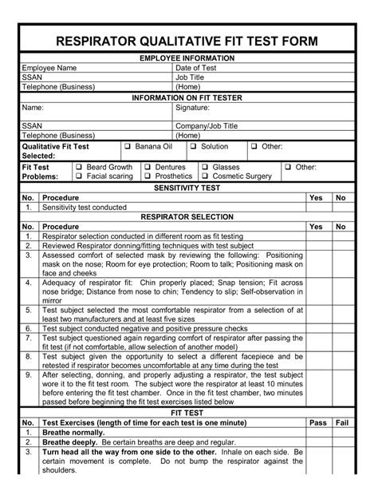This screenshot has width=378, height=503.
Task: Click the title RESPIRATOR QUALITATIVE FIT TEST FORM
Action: pos(188,41)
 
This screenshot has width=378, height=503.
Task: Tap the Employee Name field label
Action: pos(49,69)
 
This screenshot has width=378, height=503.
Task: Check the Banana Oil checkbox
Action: pos(127,147)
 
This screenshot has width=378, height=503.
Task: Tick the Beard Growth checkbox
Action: pos(79,168)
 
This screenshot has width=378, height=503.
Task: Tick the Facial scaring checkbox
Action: pos(79,176)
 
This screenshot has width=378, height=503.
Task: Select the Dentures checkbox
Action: pos(148,168)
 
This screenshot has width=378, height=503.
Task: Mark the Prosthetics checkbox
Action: pos(148,176)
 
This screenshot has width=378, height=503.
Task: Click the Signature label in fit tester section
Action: pos(192,107)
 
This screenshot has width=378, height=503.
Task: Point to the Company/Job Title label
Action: pos(207,126)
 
